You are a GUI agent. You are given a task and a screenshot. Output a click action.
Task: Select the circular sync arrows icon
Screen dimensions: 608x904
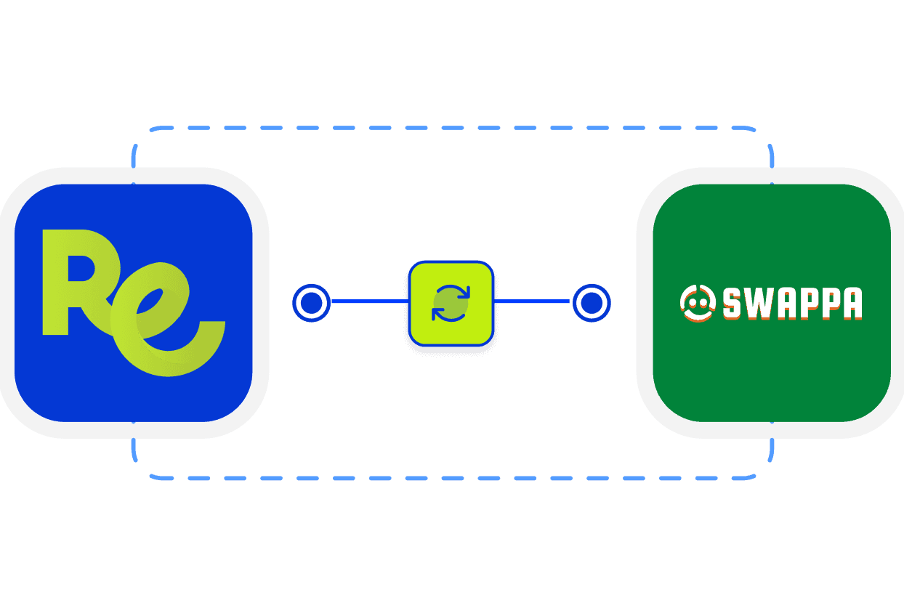click(x=451, y=303)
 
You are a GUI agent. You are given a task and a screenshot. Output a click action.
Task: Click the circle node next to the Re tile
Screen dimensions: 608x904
click(x=311, y=303)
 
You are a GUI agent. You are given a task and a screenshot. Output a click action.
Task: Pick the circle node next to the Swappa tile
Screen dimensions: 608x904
click(x=592, y=303)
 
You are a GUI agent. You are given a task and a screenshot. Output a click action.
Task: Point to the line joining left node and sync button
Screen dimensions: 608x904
click(x=369, y=303)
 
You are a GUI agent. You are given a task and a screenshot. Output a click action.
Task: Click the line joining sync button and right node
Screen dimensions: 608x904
click(x=533, y=301)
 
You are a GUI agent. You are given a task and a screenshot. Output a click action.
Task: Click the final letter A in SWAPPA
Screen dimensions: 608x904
click(x=851, y=304)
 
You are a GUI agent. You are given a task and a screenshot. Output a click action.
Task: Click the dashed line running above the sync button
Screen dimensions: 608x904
click(x=451, y=129)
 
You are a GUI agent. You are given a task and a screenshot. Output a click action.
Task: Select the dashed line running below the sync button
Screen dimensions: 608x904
click(x=451, y=478)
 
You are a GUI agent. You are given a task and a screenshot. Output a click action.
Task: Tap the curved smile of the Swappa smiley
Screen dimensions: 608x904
click(x=698, y=315)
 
